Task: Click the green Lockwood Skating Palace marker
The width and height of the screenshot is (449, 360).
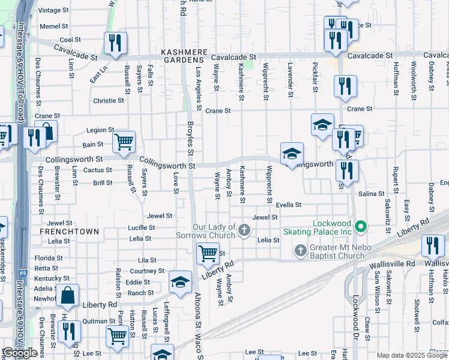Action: (361, 227)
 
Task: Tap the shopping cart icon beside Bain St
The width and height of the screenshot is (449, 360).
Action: (124, 142)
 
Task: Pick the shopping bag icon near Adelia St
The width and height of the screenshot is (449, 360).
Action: (68, 295)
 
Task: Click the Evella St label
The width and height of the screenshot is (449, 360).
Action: (288, 205)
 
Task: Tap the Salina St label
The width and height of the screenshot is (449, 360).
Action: (371, 194)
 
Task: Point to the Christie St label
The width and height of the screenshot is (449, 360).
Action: (108, 101)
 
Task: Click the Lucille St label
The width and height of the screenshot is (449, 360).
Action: (141, 228)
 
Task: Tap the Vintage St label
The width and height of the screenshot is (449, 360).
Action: (53, 11)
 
